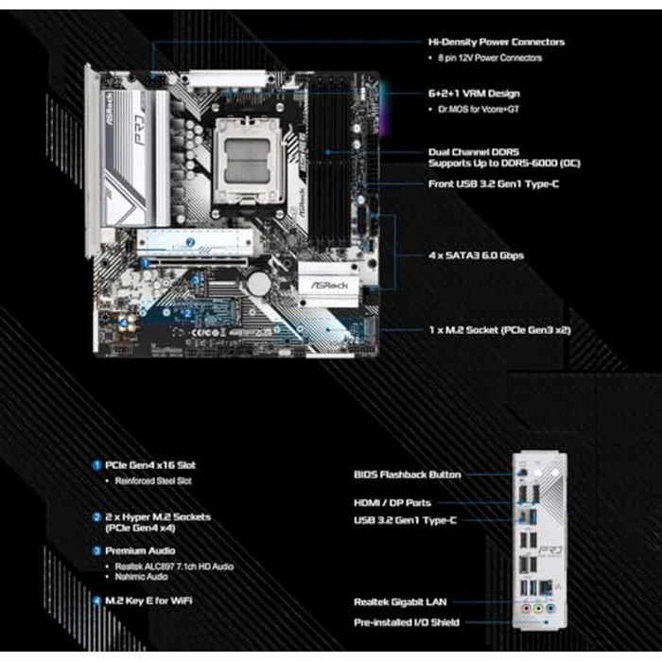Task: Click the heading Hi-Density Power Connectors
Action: [496, 42]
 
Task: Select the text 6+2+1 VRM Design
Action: [473, 94]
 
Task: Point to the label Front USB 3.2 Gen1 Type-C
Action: [493, 183]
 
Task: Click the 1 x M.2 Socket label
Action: [498, 330]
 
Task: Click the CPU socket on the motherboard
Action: [245, 155]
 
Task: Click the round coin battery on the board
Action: [258, 283]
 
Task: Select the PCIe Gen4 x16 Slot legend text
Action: [151, 465]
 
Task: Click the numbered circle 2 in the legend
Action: [96, 517]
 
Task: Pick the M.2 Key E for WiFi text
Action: [151, 600]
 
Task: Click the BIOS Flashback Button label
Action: [408, 474]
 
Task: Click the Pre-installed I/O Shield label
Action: [408, 622]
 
